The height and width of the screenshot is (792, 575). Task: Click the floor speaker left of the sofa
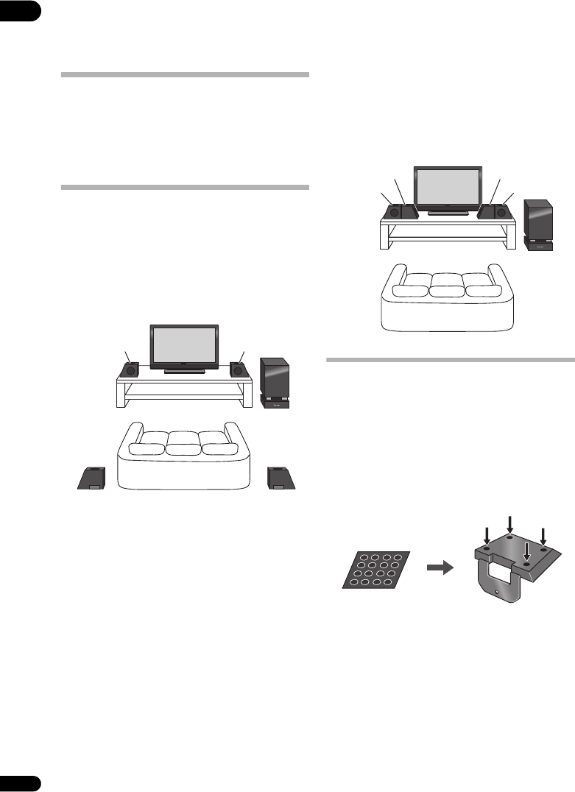pyautogui.click(x=91, y=478)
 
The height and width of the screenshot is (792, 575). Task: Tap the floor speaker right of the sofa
pyautogui.click(x=281, y=478)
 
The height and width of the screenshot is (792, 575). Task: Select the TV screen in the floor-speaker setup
pyautogui.click(x=184, y=345)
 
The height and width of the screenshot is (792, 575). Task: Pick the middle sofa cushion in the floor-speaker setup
pyautogui.click(x=184, y=444)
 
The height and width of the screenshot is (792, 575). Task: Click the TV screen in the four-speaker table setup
pyautogui.click(x=448, y=188)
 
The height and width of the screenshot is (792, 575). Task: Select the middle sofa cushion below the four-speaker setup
pyautogui.click(x=448, y=284)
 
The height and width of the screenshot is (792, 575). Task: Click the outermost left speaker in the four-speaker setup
pyautogui.click(x=393, y=212)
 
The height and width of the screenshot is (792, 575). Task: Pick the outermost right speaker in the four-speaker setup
pyautogui.click(x=503, y=212)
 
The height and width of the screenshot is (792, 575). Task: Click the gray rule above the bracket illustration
pyautogui.click(x=450, y=361)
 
